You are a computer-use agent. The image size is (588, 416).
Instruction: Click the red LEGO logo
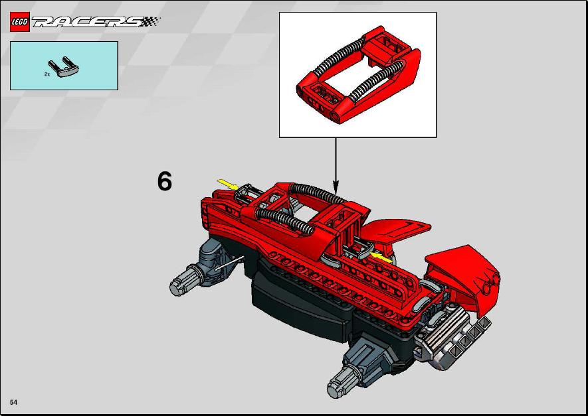pyautogui.click(x=19, y=22)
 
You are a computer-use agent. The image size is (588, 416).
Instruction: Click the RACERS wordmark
pyautogui.click(x=96, y=22)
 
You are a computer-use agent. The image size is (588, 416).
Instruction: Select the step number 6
pyautogui.click(x=165, y=181)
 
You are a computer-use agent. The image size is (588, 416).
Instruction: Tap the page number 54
pyautogui.click(x=13, y=402)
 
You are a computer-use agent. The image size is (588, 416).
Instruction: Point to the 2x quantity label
pyautogui.click(x=47, y=74)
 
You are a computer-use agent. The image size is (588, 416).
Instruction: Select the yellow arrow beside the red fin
pyautogui.click(x=381, y=257)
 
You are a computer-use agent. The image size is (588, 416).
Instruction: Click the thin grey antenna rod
pyautogui.click(x=229, y=263)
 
